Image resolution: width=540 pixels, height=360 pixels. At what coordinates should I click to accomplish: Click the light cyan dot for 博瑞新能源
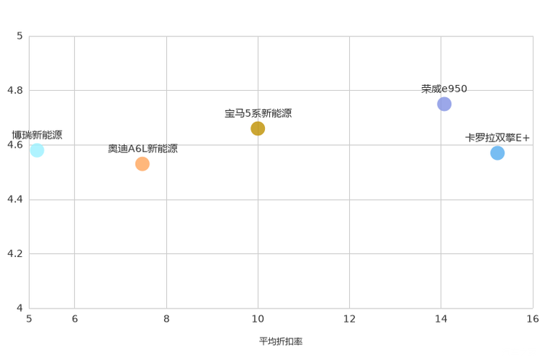coord(37,150)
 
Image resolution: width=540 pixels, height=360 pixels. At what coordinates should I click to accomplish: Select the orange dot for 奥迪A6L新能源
coord(142,164)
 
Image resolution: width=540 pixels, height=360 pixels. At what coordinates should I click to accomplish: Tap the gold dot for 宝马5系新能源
coord(258,128)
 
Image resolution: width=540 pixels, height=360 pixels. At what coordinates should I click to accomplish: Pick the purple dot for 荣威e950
coord(444,104)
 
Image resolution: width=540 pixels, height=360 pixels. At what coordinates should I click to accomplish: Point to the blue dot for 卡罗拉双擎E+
coord(497,153)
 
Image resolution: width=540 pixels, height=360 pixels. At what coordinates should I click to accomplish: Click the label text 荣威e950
coord(444,89)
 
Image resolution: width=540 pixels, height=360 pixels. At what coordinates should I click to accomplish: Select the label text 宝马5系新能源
coord(258,113)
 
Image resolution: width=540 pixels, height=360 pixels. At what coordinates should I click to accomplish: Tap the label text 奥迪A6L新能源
coord(143,149)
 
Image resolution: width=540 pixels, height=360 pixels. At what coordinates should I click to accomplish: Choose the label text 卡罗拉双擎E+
coord(497,138)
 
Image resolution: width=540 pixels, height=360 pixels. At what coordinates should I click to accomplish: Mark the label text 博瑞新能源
coord(37,135)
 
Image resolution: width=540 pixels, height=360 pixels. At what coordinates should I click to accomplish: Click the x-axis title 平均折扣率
coord(281,341)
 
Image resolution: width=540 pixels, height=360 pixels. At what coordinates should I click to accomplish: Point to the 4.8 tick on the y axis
coord(15,90)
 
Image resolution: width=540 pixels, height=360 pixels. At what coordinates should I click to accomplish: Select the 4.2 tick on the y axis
coord(15,253)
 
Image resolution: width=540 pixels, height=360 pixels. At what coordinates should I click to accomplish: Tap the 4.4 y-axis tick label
coord(15,199)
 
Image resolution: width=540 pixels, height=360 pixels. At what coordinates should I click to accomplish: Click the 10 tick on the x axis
coord(258,319)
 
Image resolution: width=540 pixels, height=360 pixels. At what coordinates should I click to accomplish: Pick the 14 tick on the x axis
coord(441,319)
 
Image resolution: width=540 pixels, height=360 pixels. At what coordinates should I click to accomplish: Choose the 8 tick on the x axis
coord(166,319)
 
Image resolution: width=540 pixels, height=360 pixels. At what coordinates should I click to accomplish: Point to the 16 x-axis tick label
coord(533,319)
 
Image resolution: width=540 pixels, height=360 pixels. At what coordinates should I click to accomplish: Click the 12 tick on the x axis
coord(349,319)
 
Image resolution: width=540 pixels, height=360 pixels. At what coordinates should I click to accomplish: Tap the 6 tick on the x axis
coord(75,319)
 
